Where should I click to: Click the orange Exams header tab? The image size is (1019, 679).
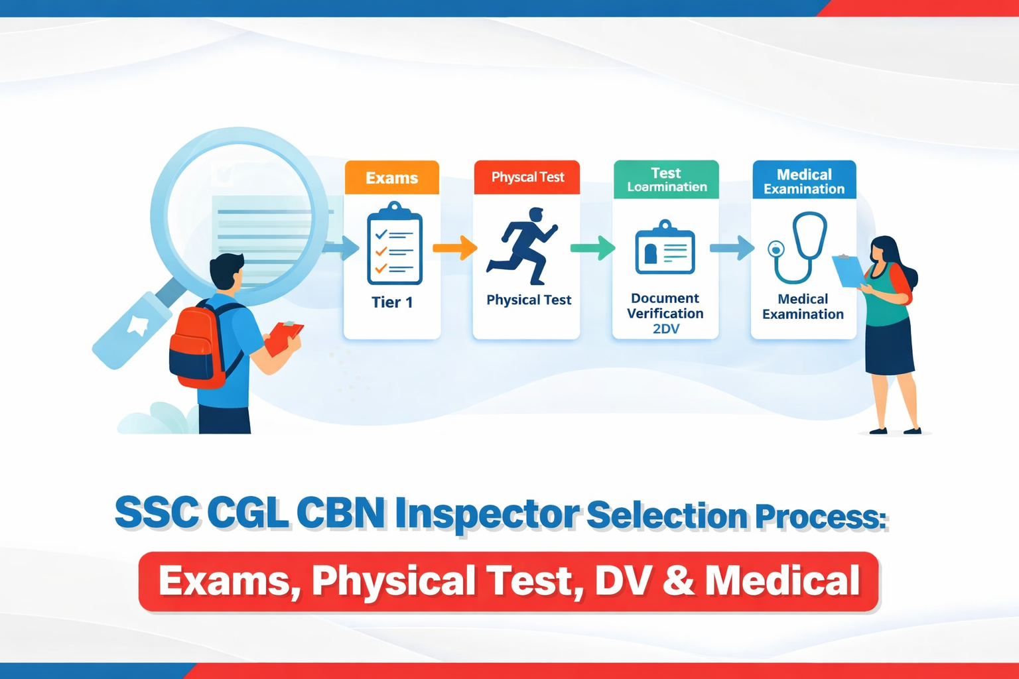tap(391, 178)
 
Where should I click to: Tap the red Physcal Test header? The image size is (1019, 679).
tap(527, 177)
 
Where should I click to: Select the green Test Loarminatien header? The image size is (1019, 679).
tap(666, 180)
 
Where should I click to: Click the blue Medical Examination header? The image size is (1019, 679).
tap(804, 180)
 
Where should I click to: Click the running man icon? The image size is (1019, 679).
tap(523, 246)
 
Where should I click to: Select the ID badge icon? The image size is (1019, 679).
tap(665, 249)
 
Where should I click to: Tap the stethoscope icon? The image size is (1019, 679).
tap(799, 247)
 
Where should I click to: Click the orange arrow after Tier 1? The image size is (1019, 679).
tap(455, 248)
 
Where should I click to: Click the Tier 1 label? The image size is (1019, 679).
tap(392, 302)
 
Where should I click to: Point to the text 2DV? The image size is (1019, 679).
tap(665, 329)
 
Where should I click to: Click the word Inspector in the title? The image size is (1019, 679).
tap(487, 515)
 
